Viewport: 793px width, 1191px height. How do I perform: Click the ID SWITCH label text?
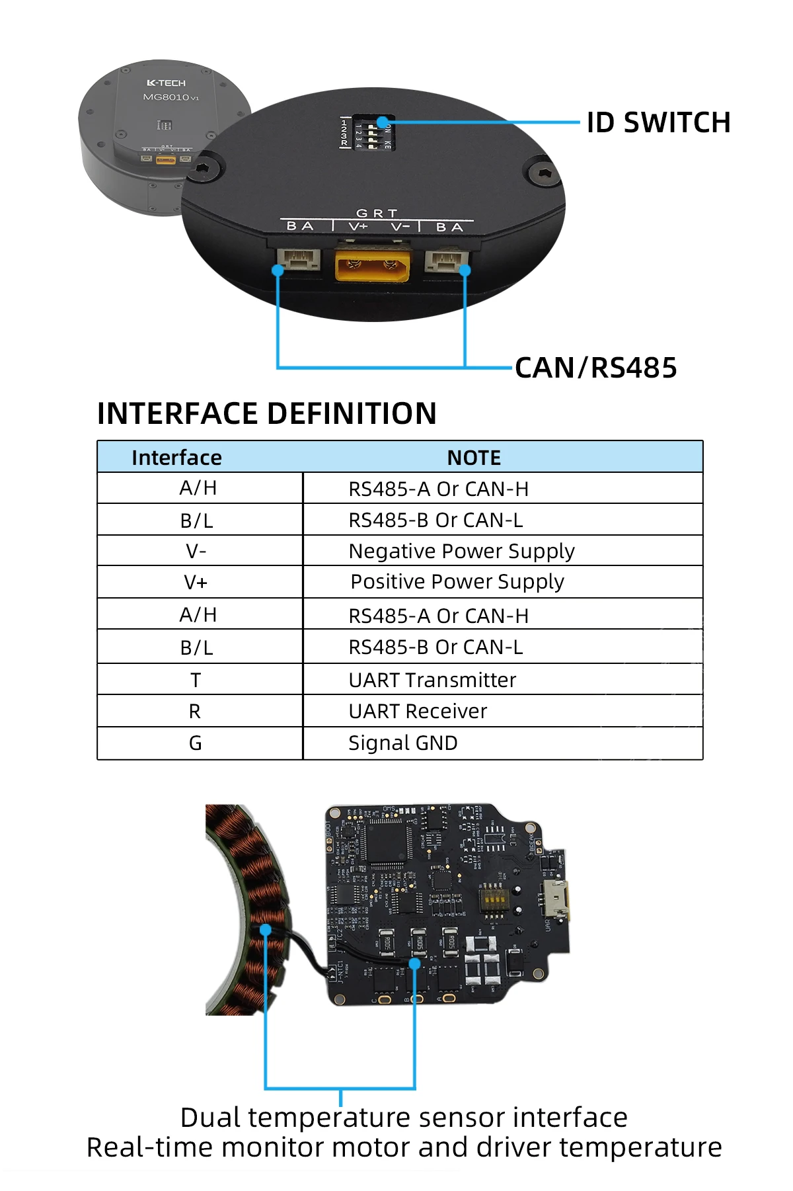[x=658, y=123]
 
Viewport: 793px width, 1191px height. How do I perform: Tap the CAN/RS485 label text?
[x=595, y=368]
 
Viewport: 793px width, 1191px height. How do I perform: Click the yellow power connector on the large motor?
[x=372, y=267]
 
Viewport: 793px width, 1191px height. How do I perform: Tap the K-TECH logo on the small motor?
[x=166, y=83]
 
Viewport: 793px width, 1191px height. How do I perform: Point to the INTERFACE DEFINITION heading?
[x=266, y=414]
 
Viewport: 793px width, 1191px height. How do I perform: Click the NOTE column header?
[x=474, y=458]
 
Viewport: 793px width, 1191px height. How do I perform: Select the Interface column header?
[x=176, y=458]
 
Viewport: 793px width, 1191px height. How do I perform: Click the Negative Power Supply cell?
[x=461, y=551]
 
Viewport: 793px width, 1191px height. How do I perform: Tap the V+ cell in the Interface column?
[x=196, y=583]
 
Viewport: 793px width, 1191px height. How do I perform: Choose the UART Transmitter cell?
[x=432, y=680]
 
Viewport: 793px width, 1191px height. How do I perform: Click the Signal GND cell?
[x=402, y=743]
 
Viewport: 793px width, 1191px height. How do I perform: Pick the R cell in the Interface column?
[x=194, y=712]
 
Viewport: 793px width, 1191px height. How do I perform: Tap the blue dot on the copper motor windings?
[x=266, y=930]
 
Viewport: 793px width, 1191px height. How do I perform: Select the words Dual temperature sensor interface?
[x=404, y=1118]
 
